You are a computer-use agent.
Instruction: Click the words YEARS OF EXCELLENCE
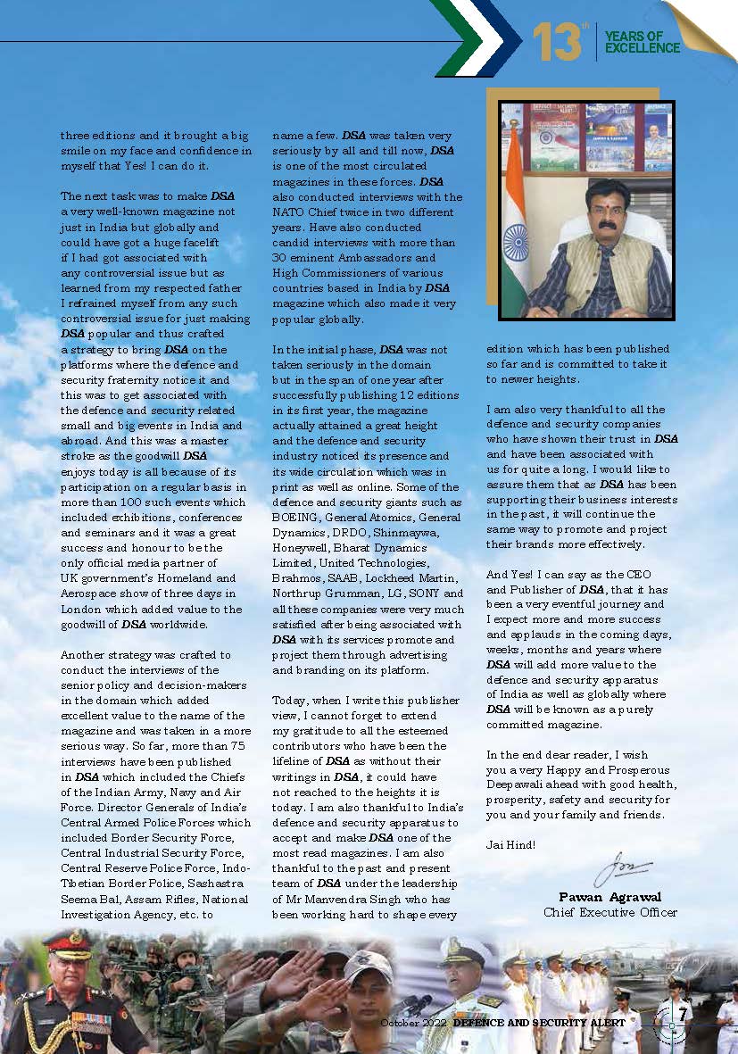[x=642, y=42]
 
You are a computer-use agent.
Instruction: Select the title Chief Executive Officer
[x=610, y=912]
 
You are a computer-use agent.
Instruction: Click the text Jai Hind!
[x=511, y=843]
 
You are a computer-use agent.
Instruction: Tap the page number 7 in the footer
[x=681, y=1015]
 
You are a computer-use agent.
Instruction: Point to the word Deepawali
[x=520, y=784]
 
